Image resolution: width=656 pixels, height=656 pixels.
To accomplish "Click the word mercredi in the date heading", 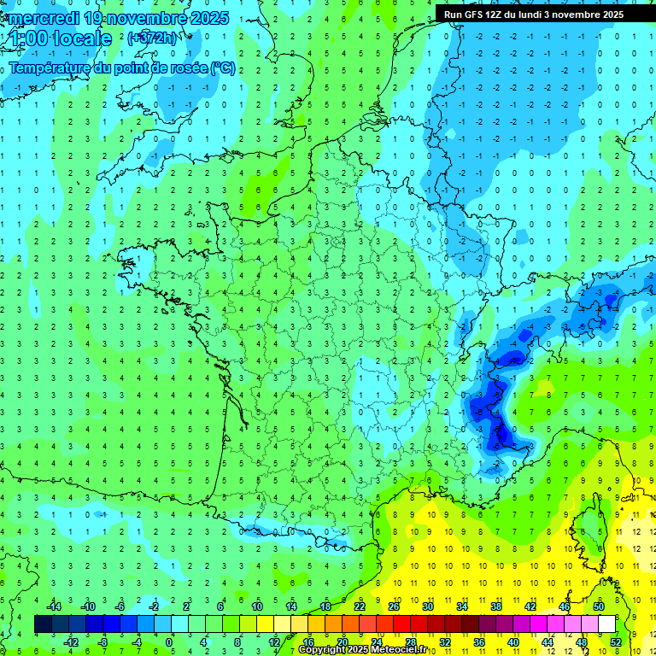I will click(x=44, y=18).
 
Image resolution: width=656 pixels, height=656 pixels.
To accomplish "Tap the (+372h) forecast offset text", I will click(x=151, y=38).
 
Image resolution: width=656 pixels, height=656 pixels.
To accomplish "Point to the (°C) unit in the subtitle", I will click(x=224, y=67).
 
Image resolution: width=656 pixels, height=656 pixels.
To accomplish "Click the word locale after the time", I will click(x=82, y=38).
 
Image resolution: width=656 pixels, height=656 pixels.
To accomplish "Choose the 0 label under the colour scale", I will click(x=170, y=641).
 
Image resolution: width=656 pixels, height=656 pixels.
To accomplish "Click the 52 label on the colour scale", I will click(x=615, y=641).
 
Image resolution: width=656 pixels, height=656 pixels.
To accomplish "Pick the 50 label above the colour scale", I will click(x=598, y=606).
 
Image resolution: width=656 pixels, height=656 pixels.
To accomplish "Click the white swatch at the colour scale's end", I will click(x=606, y=624).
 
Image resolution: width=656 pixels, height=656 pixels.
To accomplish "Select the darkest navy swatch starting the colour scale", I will click(x=43, y=624).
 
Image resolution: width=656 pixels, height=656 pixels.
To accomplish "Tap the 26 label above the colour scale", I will click(x=394, y=606).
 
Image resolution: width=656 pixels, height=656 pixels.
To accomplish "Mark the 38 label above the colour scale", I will click(x=495, y=606).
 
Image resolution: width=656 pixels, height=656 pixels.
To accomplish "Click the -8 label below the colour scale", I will click(x=102, y=641).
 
